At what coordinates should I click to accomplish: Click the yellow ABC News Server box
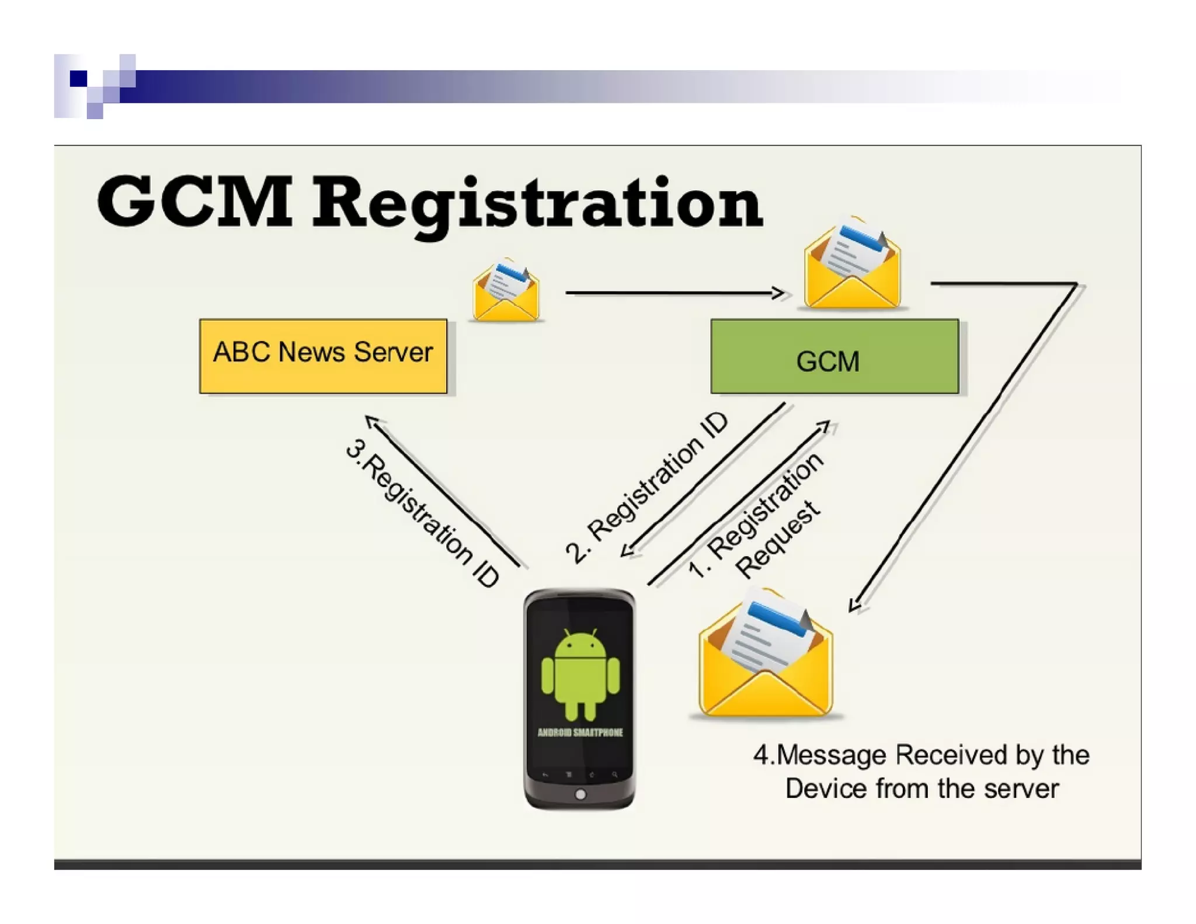point(323,356)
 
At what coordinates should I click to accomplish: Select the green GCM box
point(834,356)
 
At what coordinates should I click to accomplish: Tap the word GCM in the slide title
point(194,201)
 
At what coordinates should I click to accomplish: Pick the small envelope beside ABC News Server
point(506,291)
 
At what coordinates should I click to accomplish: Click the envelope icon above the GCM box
point(852,263)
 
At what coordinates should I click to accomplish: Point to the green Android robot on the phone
point(580,674)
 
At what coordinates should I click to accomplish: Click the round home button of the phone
point(580,794)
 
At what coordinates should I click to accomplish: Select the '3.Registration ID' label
point(422,513)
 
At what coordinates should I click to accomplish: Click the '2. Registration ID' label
point(647,487)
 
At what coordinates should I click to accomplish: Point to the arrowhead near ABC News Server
point(370,421)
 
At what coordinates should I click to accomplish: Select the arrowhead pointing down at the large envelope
point(855,605)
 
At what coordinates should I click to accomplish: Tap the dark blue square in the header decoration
point(78,78)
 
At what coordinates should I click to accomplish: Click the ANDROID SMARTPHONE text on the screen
point(580,732)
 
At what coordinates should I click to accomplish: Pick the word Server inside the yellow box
point(393,352)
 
